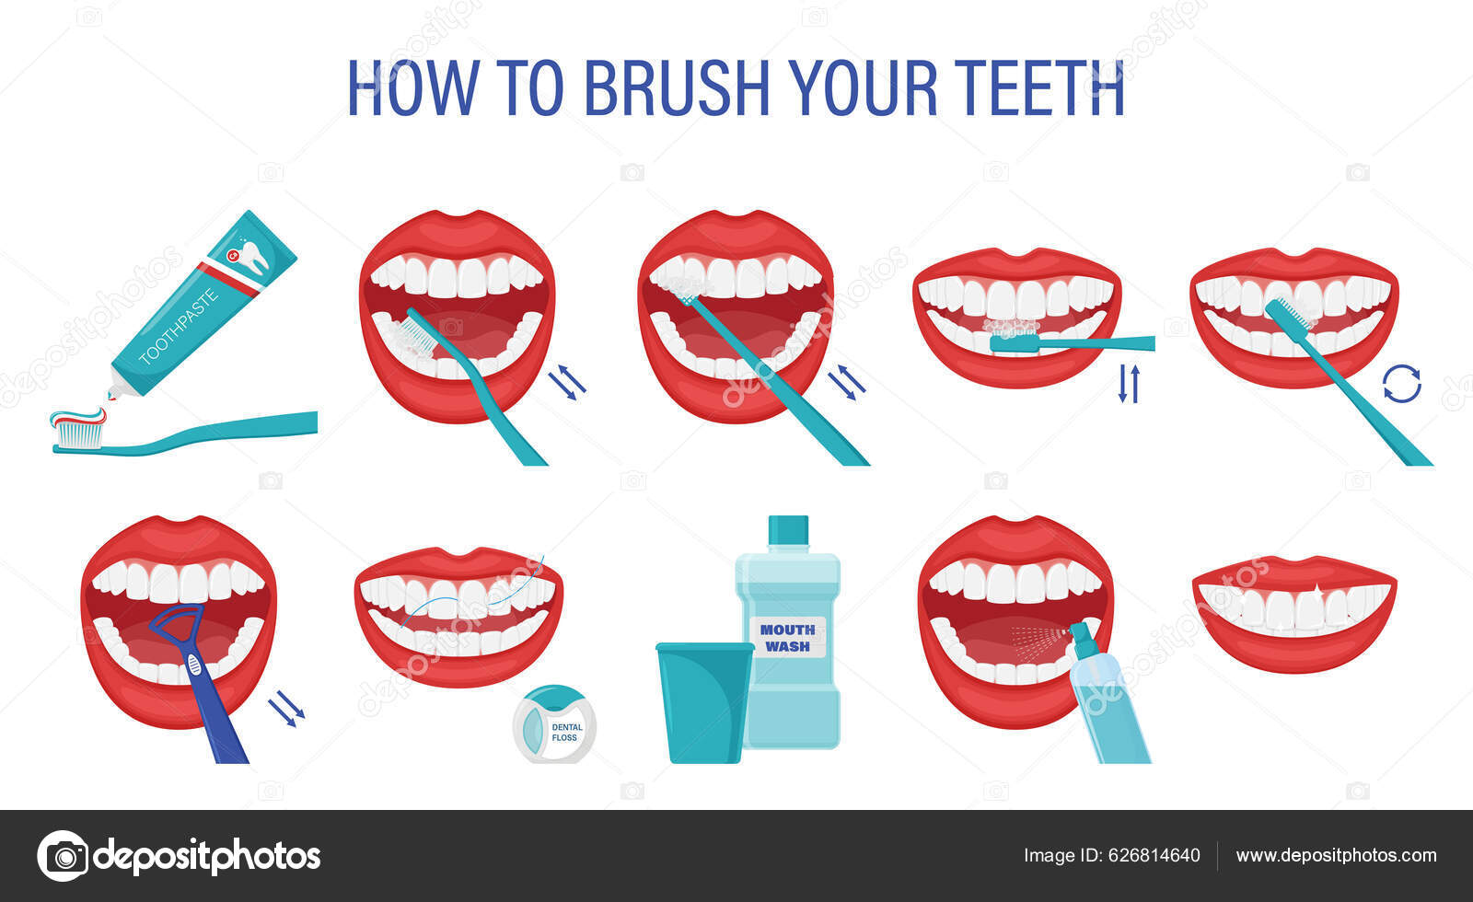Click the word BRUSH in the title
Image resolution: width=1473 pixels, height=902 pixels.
tap(676, 88)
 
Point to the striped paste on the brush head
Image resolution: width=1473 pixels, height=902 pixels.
tap(77, 421)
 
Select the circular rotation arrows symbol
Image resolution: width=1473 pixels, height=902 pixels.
tap(1401, 384)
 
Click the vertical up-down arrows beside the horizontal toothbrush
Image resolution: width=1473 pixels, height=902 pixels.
tap(1129, 384)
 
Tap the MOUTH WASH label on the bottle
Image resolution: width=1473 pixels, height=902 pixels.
tap(787, 638)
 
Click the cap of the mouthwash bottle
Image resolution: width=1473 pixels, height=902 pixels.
tap(787, 531)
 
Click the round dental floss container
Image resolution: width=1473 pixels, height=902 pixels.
tap(555, 726)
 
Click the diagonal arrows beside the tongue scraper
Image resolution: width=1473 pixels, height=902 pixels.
tap(286, 710)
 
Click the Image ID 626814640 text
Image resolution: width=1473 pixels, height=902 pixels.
tap(1111, 856)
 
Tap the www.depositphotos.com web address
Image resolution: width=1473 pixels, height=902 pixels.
tap(1335, 856)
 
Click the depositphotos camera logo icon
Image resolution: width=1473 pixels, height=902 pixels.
tap(64, 856)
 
